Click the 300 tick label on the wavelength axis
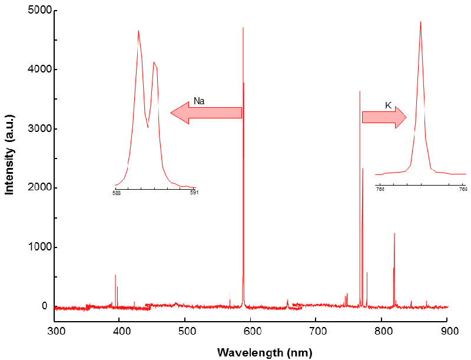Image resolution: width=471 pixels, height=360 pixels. click(x=55, y=331)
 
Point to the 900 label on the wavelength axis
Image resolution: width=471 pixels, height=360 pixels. click(x=449, y=331)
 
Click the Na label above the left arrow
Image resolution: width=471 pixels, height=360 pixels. click(x=199, y=101)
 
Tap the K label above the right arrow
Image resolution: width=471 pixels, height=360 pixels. click(x=388, y=105)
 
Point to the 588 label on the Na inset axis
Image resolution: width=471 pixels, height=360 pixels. click(x=117, y=192)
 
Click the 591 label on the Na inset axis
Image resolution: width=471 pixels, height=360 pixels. click(x=194, y=192)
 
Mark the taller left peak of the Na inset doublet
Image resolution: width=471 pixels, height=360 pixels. click(x=138, y=31)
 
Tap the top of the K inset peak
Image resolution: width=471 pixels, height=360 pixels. click(x=420, y=22)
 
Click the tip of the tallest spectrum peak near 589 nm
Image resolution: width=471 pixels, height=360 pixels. click(x=243, y=28)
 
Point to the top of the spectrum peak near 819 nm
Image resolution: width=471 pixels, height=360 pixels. click(x=394, y=233)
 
